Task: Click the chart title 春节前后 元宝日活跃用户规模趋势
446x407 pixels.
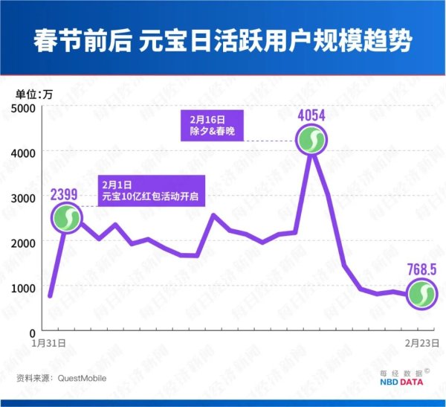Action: [223, 39]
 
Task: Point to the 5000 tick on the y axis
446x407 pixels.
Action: [25, 108]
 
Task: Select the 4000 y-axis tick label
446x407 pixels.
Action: [25, 153]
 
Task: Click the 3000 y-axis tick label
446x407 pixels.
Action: [25, 198]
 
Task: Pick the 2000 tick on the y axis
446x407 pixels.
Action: [25, 243]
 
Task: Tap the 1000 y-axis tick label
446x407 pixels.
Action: [25, 287]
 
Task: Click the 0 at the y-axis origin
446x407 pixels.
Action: [33, 332]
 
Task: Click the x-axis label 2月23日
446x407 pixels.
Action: [418, 344]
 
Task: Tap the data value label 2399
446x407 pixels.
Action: [66, 195]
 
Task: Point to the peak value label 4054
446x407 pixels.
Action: [311, 115]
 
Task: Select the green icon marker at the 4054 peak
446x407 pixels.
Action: [311, 140]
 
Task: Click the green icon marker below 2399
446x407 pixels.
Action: [67, 219]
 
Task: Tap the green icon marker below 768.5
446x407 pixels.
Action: [421, 293]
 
